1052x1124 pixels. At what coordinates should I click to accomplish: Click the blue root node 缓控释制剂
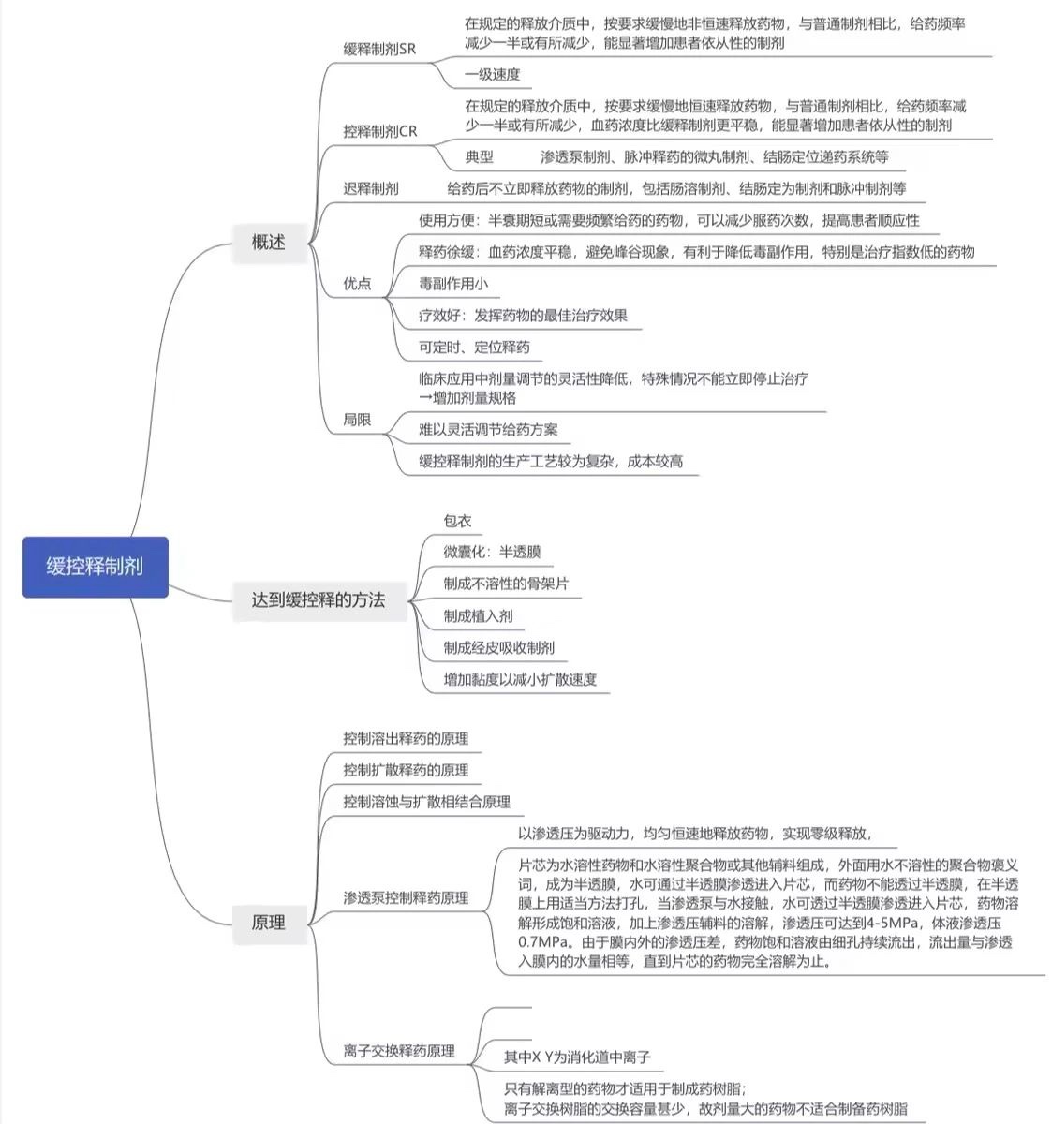click(x=95, y=567)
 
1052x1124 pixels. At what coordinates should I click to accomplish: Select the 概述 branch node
click(x=268, y=242)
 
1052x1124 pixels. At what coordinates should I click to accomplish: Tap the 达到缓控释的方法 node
click(x=318, y=599)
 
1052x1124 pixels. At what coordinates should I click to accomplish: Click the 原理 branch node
click(x=268, y=922)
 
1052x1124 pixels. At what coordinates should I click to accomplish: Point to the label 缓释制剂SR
click(x=379, y=49)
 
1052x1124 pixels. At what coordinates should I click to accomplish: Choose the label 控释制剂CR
click(x=380, y=131)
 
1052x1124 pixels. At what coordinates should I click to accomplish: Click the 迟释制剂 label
click(x=371, y=188)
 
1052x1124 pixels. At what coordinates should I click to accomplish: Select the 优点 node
click(x=357, y=283)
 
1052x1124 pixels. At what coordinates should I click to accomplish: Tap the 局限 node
click(x=357, y=420)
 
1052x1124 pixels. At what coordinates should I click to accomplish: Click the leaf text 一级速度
click(x=493, y=74)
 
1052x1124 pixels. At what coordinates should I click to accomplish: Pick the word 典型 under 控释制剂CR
click(x=479, y=156)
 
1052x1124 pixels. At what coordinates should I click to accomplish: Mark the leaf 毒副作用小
click(x=453, y=283)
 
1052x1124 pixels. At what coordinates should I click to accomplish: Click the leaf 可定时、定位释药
click(x=474, y=347)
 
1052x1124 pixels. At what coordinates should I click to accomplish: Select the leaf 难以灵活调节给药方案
click(x=488, y=429)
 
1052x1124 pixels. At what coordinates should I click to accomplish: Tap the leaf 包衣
click(x=457, y=521)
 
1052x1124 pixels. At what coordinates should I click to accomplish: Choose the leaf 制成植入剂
click(x=478, y=615)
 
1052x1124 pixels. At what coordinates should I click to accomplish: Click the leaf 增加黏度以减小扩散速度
click(x=520, y=679)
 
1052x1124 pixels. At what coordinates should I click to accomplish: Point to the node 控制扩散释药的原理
click(x=406, y=770)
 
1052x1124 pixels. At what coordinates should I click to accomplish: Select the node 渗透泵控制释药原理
click(x=406, y=897)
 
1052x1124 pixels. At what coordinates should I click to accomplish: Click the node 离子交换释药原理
click(x=399, y=1051)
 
